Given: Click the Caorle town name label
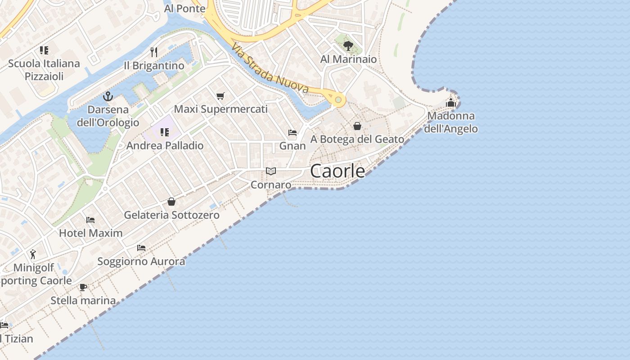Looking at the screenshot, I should (x=337, y=171).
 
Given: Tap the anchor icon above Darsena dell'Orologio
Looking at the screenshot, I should (x=108, y=96).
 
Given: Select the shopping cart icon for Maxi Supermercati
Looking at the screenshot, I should (x=220, y=96).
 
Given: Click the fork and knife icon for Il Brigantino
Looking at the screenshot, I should (x=154, y=52).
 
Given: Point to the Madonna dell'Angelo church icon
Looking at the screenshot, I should (x=451, y=103).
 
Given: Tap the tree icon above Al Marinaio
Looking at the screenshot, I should (x=348, y=45).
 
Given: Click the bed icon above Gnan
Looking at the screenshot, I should (x=292, y=133).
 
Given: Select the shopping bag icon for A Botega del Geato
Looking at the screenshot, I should (x=357, y=126).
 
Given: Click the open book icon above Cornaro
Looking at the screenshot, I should (x=270, y=171).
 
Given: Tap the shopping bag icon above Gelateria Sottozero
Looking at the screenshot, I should (x=171, y=202).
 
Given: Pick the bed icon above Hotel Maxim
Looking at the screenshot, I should (x=90, y=220).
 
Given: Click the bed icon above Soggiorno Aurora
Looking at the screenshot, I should (x=141, y=248).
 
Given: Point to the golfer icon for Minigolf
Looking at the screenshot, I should (x=33, y=255).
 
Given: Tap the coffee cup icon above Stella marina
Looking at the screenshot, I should (x=83, y=287).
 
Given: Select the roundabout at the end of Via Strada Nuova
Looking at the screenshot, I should (x=338, y=99).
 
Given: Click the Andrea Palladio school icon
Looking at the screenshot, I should (x=164, y=132).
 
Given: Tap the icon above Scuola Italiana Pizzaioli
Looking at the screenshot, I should (x=44, y=50).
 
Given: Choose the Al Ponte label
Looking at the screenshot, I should (x=184, y=9).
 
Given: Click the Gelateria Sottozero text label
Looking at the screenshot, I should (x=171, y=215).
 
